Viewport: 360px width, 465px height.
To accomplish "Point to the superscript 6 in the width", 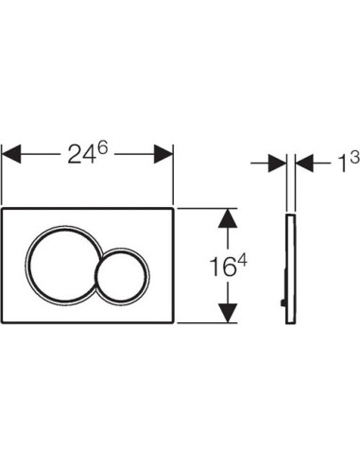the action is pyautogui.click(x=102, y=147).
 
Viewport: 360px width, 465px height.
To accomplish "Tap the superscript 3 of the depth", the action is pyautogui.click(x=354, y=157).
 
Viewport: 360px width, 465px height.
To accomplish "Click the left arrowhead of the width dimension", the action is pyautogui.click(x=11, y=154).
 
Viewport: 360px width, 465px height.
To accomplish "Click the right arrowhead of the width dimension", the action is pyautogui.click(x=163, y=154).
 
